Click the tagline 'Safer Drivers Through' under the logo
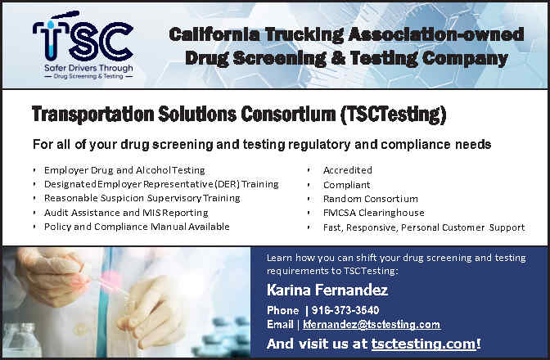(x=88, y=68)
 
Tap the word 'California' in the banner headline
(x=214, y=34)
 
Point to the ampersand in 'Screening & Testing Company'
(x=338, y=58)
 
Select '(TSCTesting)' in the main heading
(x=393, y=115)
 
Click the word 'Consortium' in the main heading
(x=288, y=115)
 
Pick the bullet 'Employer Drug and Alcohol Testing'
(x=124, y=170)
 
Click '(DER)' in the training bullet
(x=227, y=184)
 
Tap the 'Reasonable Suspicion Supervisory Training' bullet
(x=142, y=198)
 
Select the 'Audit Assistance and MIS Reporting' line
(x=126, y=213)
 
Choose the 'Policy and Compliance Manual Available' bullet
(x=137, y=227)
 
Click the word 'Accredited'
(x=348, y=170)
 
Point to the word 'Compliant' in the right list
(x=346, y=185)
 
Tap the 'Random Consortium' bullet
(x=371, y=199)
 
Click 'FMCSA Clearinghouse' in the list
(x=374, y=213)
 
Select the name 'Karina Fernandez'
(x=327, y=290)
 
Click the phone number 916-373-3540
(x=345, y=310)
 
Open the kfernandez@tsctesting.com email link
(x=372, y=325)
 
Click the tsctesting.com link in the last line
(x=424, y=344)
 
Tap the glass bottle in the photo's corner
(x=21, y=340)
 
